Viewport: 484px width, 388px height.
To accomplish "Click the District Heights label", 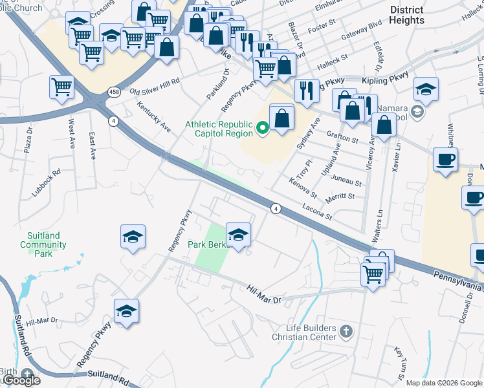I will [407, 15].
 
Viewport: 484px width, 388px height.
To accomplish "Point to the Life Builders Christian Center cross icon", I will [346, 332].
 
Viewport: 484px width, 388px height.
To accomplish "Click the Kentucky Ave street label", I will [154, 116].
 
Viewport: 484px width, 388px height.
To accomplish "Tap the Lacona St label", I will [317, 211].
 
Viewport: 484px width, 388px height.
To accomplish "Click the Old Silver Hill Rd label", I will [155, 89].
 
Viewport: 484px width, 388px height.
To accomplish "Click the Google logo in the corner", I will [21, 380].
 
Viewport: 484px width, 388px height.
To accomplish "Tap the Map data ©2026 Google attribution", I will [444, 383].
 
